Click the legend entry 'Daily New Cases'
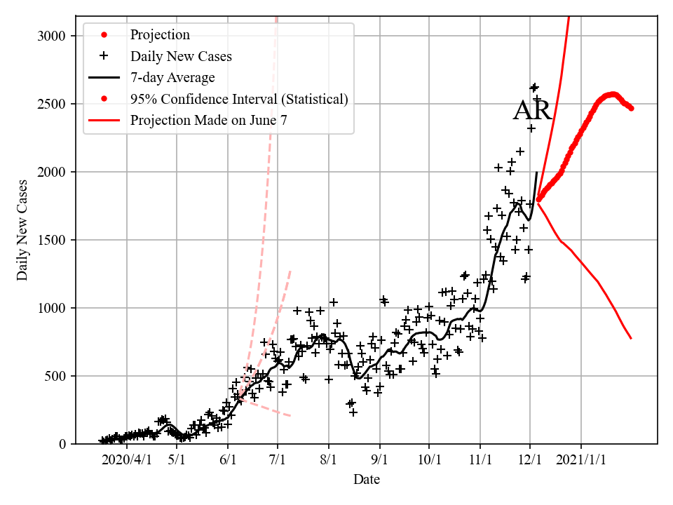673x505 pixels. pos(181,56)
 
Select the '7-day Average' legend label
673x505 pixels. pos(172,77)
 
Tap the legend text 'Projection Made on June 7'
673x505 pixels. pos(208,120)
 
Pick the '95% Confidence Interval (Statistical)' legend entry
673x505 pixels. pos(238,99)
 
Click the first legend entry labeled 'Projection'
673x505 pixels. pos(160,35)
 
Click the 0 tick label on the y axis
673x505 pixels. pos(62,444)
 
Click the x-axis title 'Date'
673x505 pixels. pos(367,480)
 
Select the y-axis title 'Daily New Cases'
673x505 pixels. pos(23,230)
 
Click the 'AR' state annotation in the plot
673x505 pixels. pos(532,112)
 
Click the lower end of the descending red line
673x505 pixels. pos(631,338)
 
